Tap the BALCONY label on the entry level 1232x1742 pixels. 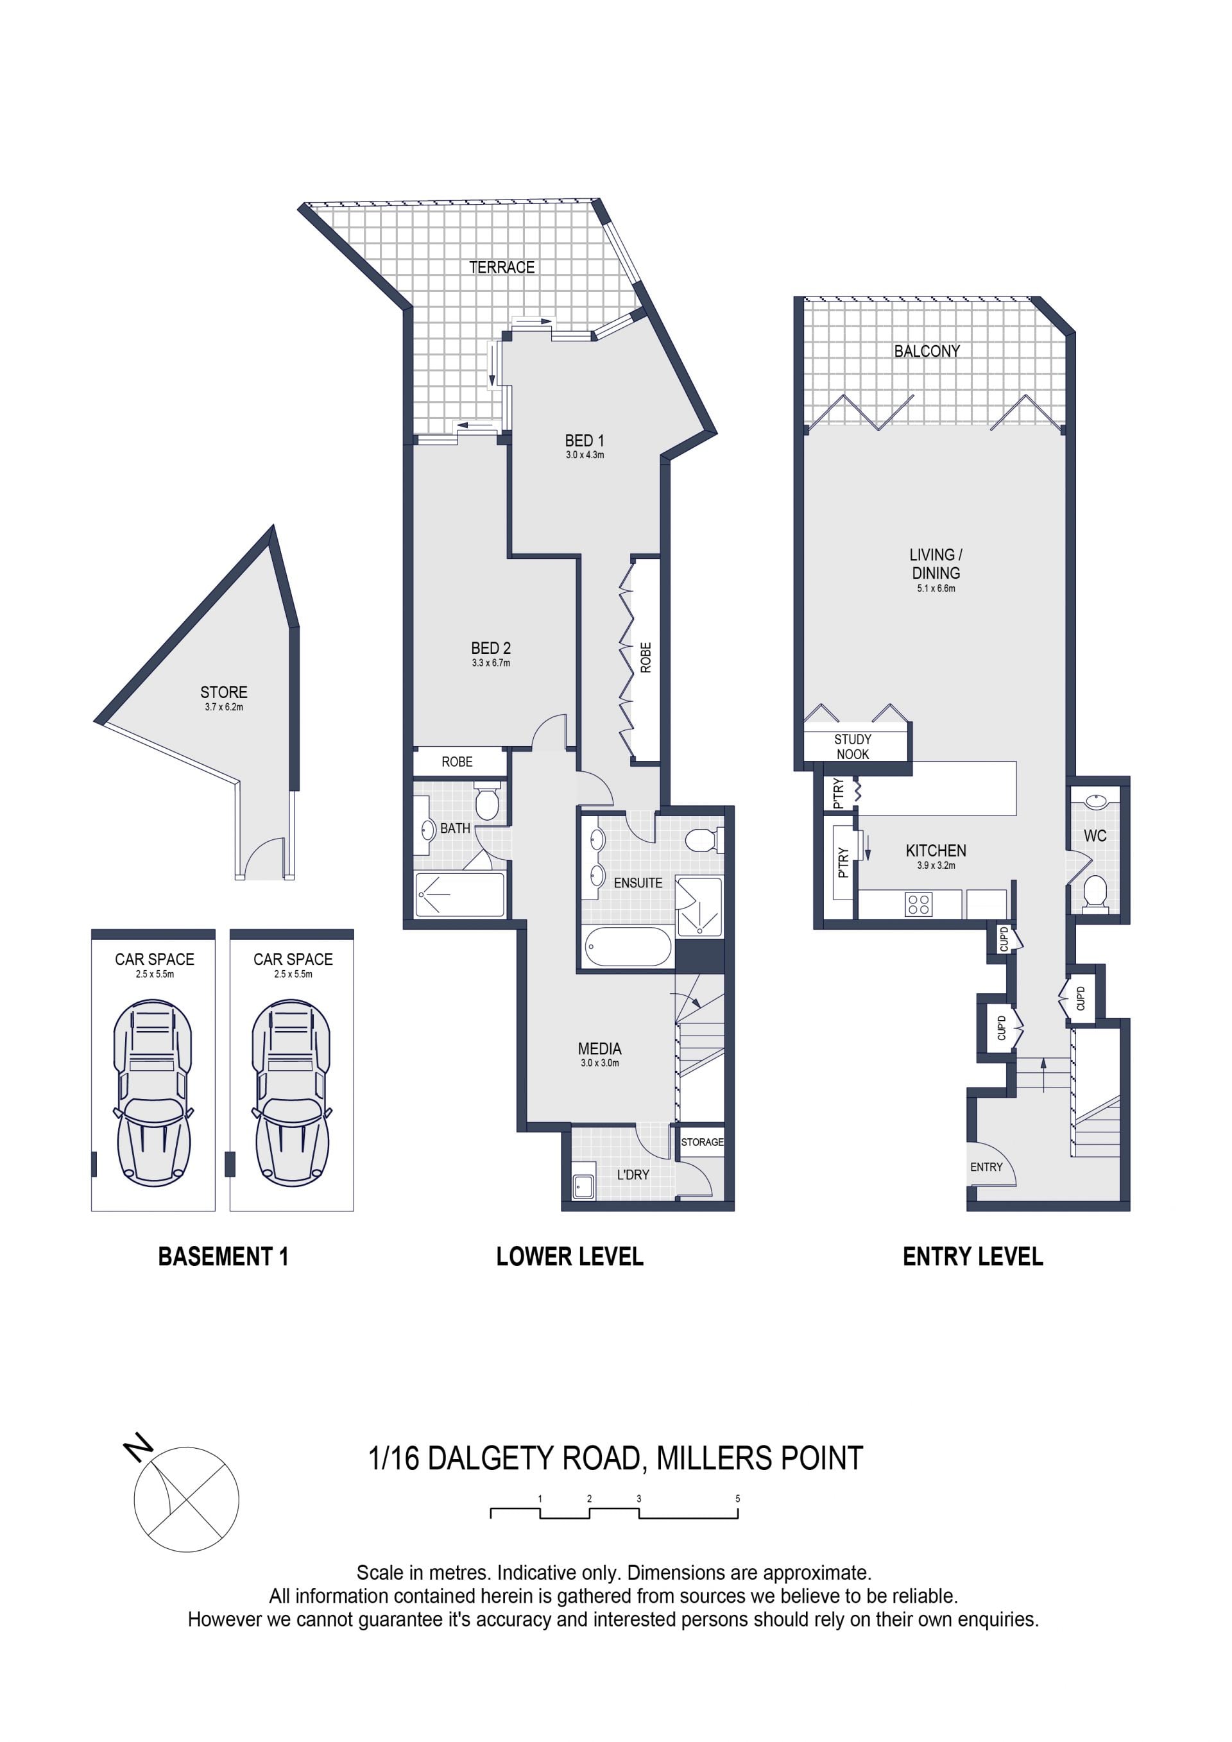click(927, 351)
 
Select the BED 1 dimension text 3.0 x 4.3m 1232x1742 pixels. click(585, 455)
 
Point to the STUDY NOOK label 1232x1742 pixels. click(853, 747)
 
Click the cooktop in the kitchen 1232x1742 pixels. click(919, 905)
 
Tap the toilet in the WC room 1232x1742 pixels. click(1095, 891)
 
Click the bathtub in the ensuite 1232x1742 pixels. click(628, 947)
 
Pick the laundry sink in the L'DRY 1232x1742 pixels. click(583, 1186)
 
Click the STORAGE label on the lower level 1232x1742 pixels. click(702, 1142)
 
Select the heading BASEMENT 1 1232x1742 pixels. click(223, 1256)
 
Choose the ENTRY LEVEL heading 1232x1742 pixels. click(973, 1256)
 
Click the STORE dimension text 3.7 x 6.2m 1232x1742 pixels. click(224, 707)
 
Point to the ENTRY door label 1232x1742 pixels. click(986, 1167)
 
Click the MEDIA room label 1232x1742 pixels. click(599, 1048)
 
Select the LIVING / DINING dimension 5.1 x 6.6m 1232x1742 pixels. click(936, 588)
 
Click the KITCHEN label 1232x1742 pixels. click(936, 851)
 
